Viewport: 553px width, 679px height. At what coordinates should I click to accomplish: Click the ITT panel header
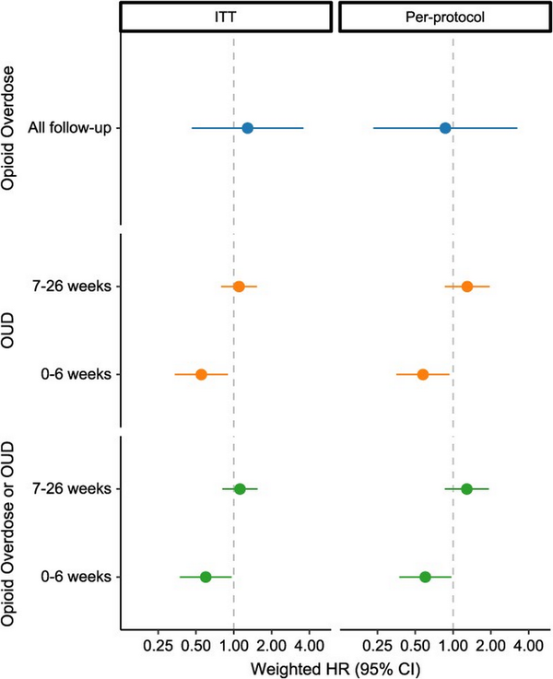coord(226,17)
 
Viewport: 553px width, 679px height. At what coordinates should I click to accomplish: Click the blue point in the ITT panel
coord(247,127)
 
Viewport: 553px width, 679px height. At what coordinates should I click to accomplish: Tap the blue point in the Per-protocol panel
coord(445,127)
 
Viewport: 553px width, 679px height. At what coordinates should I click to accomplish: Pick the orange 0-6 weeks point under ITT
coord(201,374)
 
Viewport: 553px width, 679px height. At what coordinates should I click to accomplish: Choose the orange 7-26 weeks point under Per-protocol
coord(467,287)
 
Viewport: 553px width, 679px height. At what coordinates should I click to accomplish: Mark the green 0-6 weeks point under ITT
coord(206,577)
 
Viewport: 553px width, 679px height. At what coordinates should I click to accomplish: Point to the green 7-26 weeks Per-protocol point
coord(466,488)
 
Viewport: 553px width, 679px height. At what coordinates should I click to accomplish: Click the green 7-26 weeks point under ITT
coord(240,488)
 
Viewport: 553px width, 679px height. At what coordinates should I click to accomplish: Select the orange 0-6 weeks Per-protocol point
coord(423,374)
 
